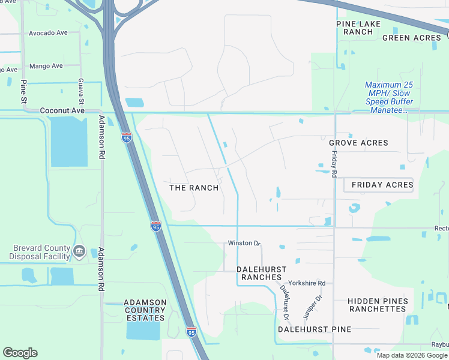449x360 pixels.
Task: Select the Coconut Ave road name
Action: point(62,111)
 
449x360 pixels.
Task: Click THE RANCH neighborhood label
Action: point(194,188)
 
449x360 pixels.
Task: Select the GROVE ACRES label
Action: point(358,143)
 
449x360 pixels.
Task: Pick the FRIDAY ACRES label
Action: point(382,185)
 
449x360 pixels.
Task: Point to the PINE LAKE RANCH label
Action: point(355,28)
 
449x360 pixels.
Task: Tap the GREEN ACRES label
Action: point(412,38)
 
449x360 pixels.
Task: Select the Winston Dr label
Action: point(244,243)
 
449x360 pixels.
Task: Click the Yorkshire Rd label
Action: point(306,283)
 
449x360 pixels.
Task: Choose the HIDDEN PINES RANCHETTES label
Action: point(378,305)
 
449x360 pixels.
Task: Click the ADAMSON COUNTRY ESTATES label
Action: point(145,310)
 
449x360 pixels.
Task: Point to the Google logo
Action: point(20,353)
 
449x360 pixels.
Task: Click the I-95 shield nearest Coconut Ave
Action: point(126,137)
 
